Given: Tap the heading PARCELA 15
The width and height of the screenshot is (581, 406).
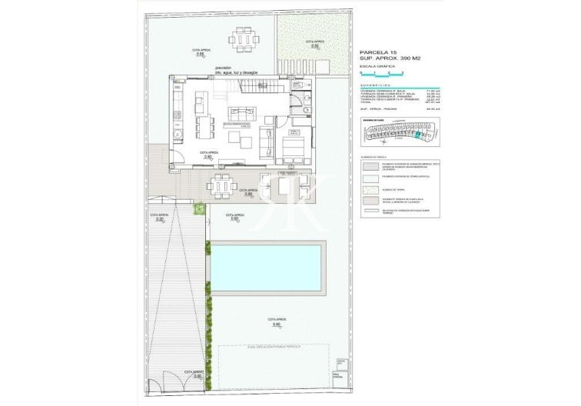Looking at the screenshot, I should tap(377, 52).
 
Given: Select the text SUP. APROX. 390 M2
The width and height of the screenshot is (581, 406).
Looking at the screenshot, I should tap(390, 59).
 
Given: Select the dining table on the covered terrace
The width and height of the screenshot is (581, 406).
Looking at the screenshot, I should tap(221, 183).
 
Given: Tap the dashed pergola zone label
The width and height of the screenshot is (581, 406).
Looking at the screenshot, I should tap(274, 348).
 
